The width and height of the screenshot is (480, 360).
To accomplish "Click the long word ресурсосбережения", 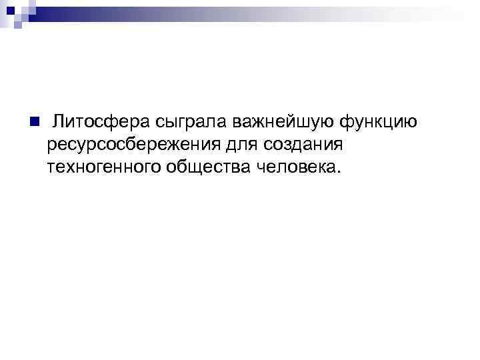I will point(137,144).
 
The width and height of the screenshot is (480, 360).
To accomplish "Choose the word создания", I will point(304,144).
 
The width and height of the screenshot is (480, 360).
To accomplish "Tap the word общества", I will point(207,167).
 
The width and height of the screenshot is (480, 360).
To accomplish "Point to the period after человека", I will point(339,171).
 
